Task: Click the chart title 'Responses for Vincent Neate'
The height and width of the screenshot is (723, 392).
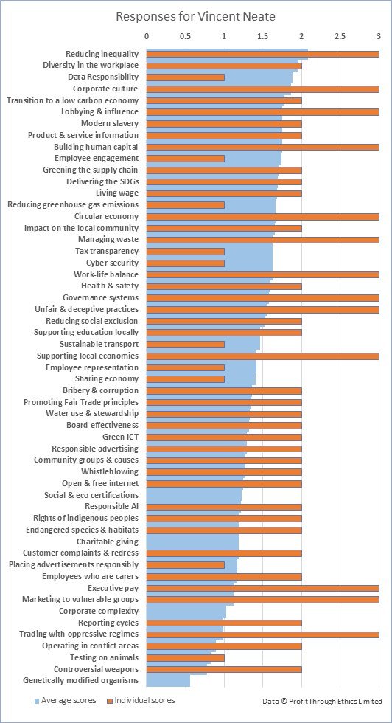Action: click(x=195, y=15)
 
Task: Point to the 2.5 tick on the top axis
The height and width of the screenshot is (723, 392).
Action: click(x=340, y=35)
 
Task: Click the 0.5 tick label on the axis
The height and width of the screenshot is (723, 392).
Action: click(x=185, y=35)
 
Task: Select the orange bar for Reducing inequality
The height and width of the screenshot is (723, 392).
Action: click(x=262, y=54)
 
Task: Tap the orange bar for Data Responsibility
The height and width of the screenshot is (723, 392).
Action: click(x=185, y=77)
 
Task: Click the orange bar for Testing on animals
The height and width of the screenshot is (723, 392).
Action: click(x=185, y=657)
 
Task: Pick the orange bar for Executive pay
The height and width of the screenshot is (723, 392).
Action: click(x=262, y=588)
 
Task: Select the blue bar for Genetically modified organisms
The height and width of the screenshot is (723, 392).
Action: click(x=168, y=681)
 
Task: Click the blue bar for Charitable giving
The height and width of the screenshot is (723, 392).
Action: click(x=192, y=542)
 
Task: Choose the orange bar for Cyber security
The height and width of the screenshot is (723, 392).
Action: click(x=185, y=263)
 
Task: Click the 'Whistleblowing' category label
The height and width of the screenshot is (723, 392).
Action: click(x=109, y=471)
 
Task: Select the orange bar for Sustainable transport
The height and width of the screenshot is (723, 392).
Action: click(x=185, y=344)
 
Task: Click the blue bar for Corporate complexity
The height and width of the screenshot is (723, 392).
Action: click(x=186, y=612)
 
